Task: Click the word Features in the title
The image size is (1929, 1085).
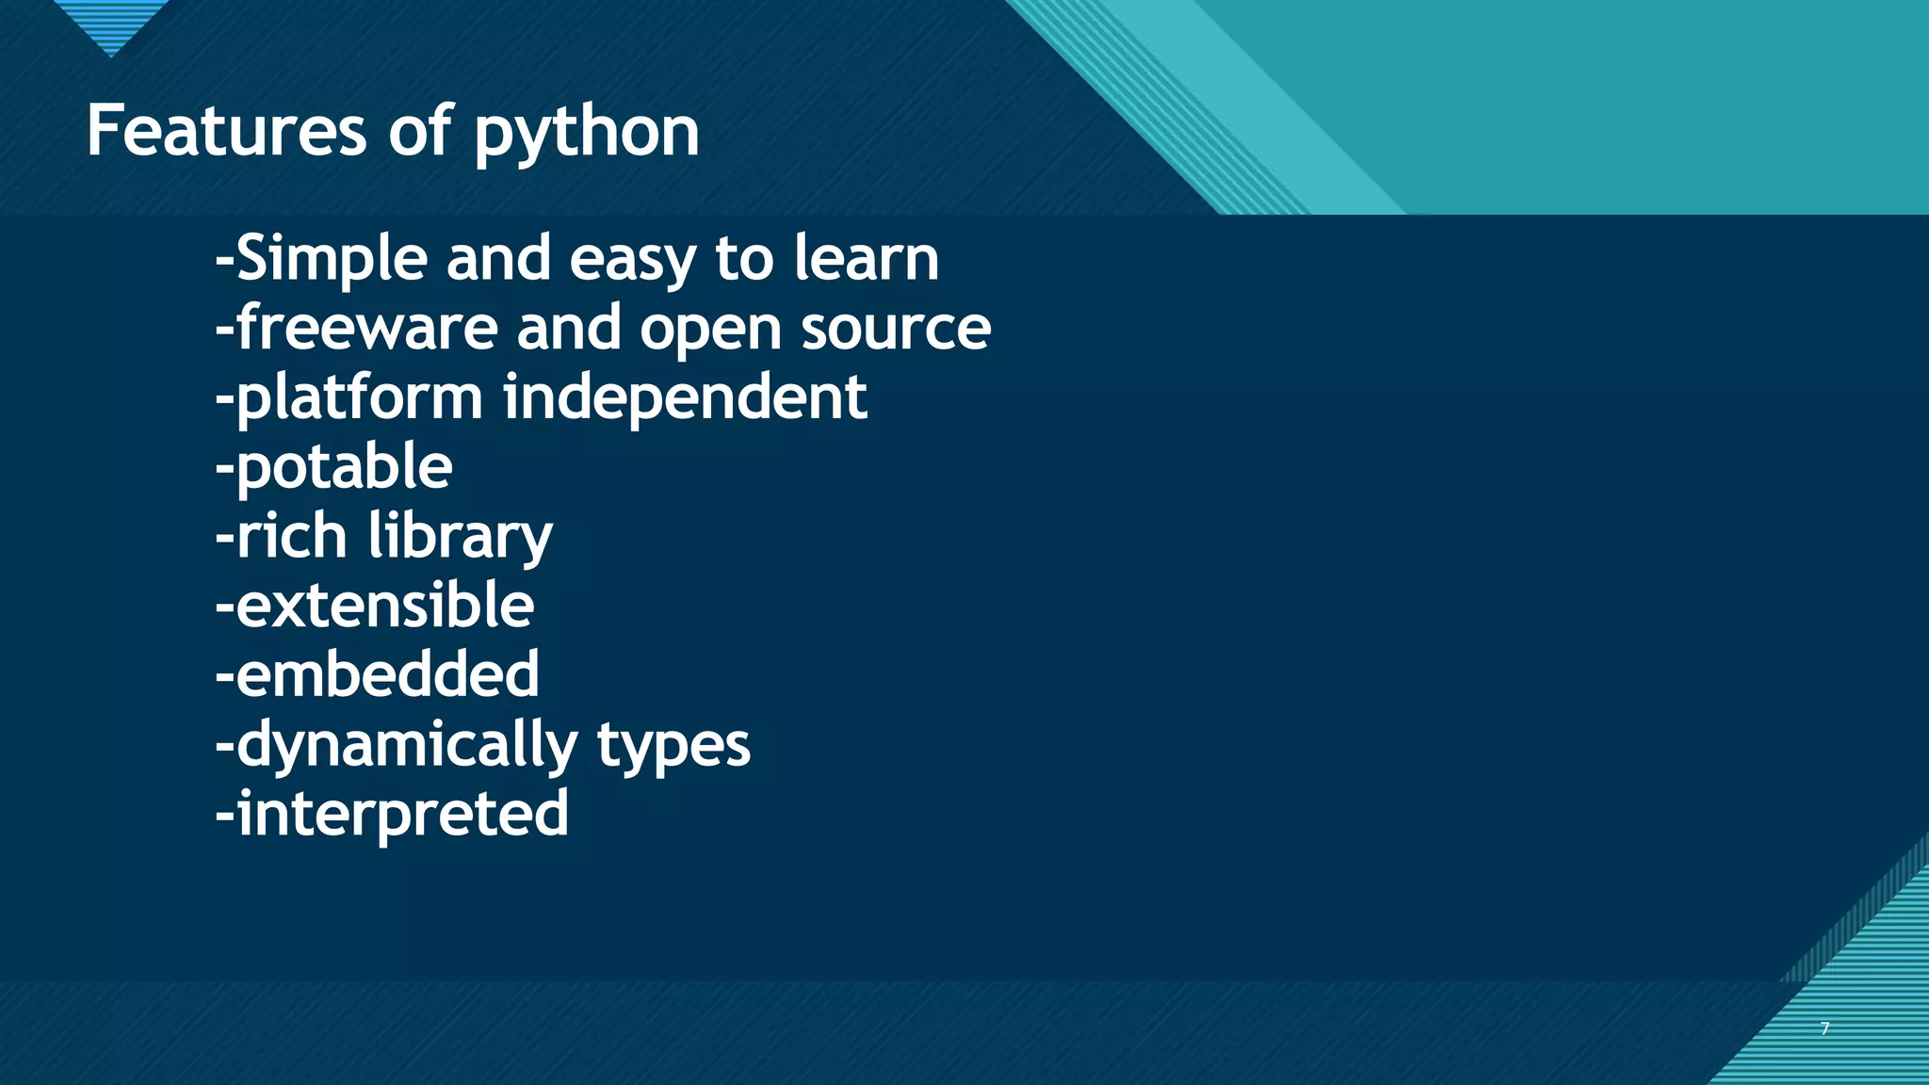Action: click(x=226, y=131)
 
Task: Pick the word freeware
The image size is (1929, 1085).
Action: click(x=366, y=328)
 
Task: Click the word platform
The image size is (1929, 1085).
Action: click(x=359, y=398)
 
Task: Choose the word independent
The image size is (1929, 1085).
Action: click(x=685, y=398)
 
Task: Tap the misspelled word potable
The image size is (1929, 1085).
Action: click(x=344, y=467)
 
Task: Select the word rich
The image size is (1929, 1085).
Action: click(x=291, y=536)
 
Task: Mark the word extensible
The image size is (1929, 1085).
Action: click(x=384, y=605)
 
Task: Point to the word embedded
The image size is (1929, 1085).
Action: click(x=387, y=674)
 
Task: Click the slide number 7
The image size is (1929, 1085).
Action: click(x=1825, y=1028)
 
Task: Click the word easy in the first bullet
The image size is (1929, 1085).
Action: click(x=632, y=260)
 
